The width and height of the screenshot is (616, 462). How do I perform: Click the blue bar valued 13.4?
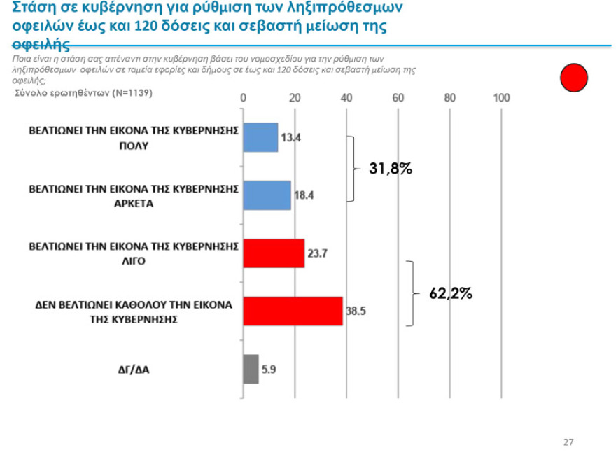pos(260,137)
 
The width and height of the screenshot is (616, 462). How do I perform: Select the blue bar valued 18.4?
pos(267,195)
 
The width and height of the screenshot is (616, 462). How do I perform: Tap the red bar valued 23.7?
pos(274,253)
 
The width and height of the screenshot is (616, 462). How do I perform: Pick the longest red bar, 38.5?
pos(293,311)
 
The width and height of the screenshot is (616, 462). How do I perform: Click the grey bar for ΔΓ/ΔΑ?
pos(251,369)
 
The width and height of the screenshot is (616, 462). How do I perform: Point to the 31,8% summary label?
pos(391,169)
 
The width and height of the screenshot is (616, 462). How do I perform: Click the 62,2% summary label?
pos(451,294)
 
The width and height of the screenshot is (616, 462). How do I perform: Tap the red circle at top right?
pos(574,77)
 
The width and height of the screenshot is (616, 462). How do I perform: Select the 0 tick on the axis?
pos(243,97)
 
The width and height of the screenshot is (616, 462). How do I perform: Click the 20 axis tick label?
pos(295,97)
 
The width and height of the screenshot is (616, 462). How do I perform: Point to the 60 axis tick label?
pos(398,97)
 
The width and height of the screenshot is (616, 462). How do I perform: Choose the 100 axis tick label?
pos(501,97)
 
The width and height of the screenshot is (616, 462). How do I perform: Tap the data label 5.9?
pos(269,369)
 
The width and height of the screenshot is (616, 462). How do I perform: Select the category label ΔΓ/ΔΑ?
pos(133,369)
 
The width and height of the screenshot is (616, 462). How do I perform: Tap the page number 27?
pos(568,442)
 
